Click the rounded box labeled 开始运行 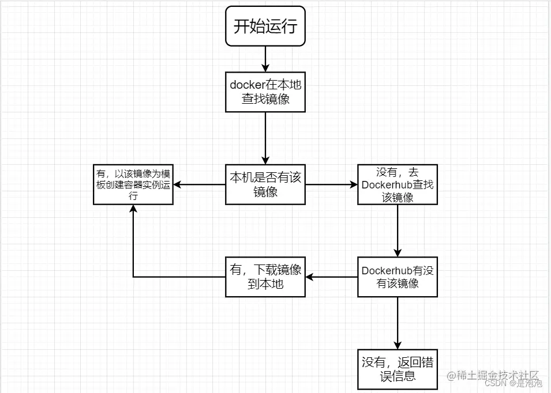point(265,27)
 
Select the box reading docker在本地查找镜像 point(265,92)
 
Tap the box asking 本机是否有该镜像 point(265,184)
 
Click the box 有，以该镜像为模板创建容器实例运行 point(134,184)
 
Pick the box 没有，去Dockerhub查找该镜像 point(398,184)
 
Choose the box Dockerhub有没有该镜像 point(398,277)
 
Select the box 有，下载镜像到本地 point(265,277)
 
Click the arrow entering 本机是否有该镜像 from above point(265,138)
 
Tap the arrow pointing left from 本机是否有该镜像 point(200,184)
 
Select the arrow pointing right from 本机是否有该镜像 point(331,184)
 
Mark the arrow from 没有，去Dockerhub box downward point(398,230)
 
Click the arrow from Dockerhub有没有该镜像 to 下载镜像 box point(331,277)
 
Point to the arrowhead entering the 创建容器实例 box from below point(134,209)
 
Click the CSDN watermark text point(494,383)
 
